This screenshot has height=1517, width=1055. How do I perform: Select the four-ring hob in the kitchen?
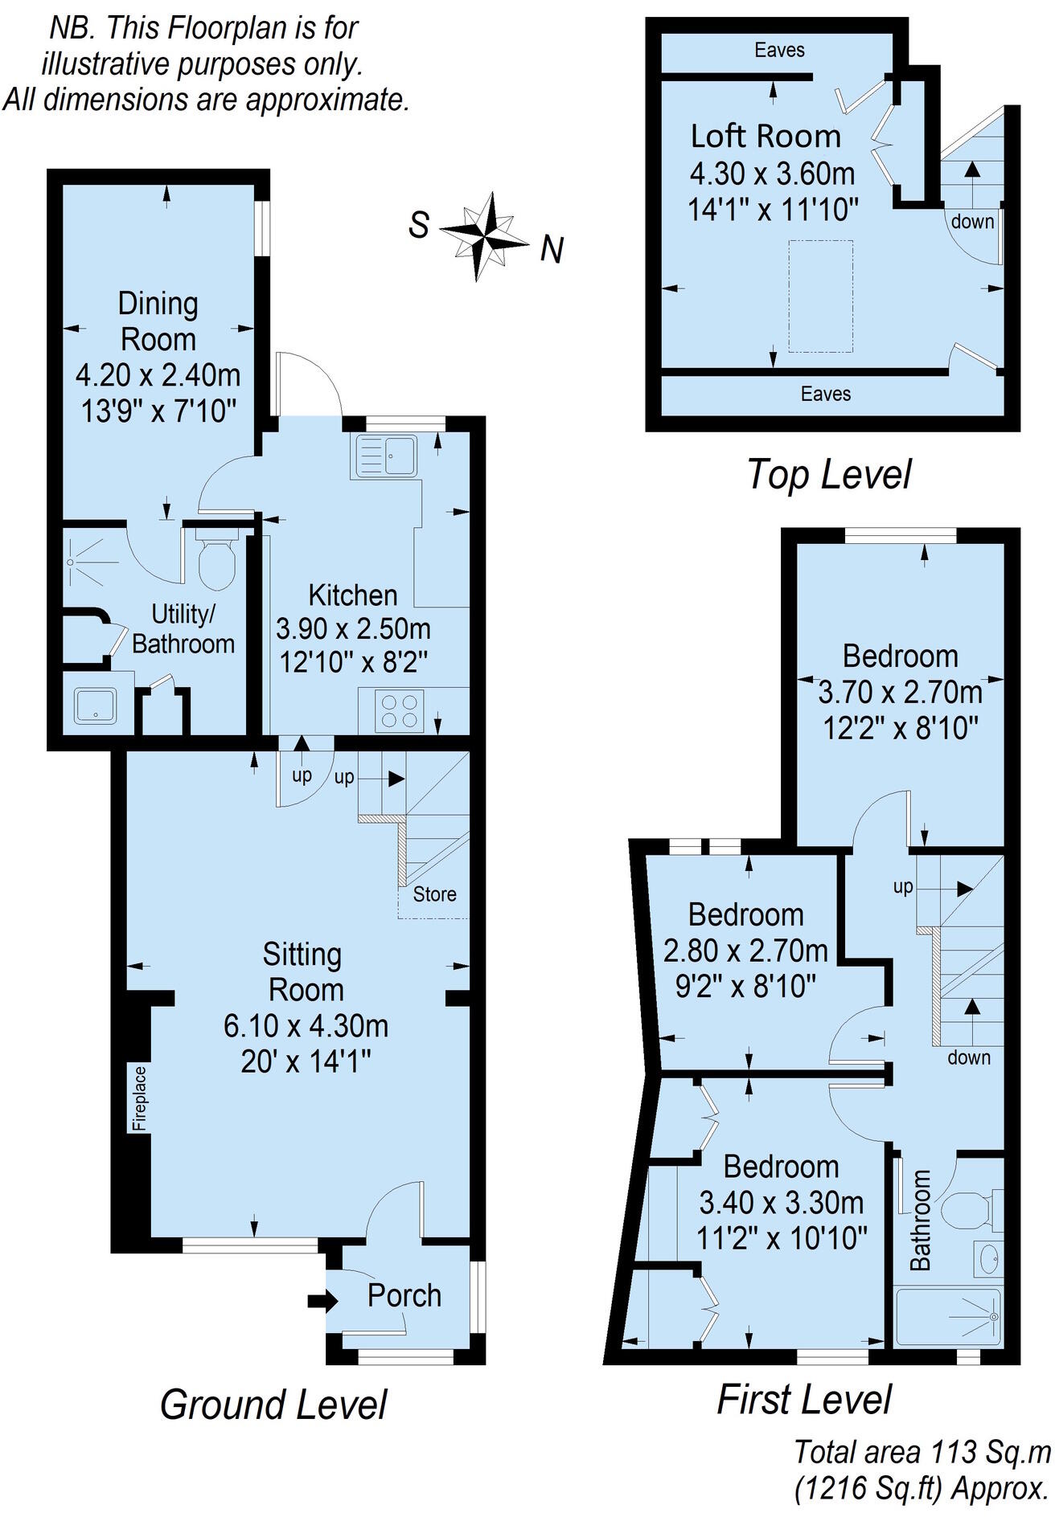pos(400,711)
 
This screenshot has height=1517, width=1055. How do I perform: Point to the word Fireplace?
pos(140,1098)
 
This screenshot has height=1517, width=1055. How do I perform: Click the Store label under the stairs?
pos(434,894)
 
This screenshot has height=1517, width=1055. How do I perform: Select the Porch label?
pos(404,1295)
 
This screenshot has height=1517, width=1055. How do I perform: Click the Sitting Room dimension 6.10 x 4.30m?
pos(306,1026)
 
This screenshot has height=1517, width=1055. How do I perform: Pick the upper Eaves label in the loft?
pos(779,51)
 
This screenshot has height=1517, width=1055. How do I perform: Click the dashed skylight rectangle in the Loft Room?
pos(820,296)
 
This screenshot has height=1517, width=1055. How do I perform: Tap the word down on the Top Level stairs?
pos(972,221)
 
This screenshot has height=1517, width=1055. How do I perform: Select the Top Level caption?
pos(829,474)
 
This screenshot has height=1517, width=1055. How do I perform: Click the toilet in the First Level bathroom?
pos(967,1210)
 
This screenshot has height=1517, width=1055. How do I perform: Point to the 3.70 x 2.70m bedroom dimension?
pos(900,692)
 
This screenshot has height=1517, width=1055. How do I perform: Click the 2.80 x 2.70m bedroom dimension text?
pos(745,951)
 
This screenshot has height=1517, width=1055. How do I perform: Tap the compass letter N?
pos(552,250)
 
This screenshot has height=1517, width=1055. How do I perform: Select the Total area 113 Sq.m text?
pos(922,1452)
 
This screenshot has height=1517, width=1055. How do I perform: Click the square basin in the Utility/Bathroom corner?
pos(96,705)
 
